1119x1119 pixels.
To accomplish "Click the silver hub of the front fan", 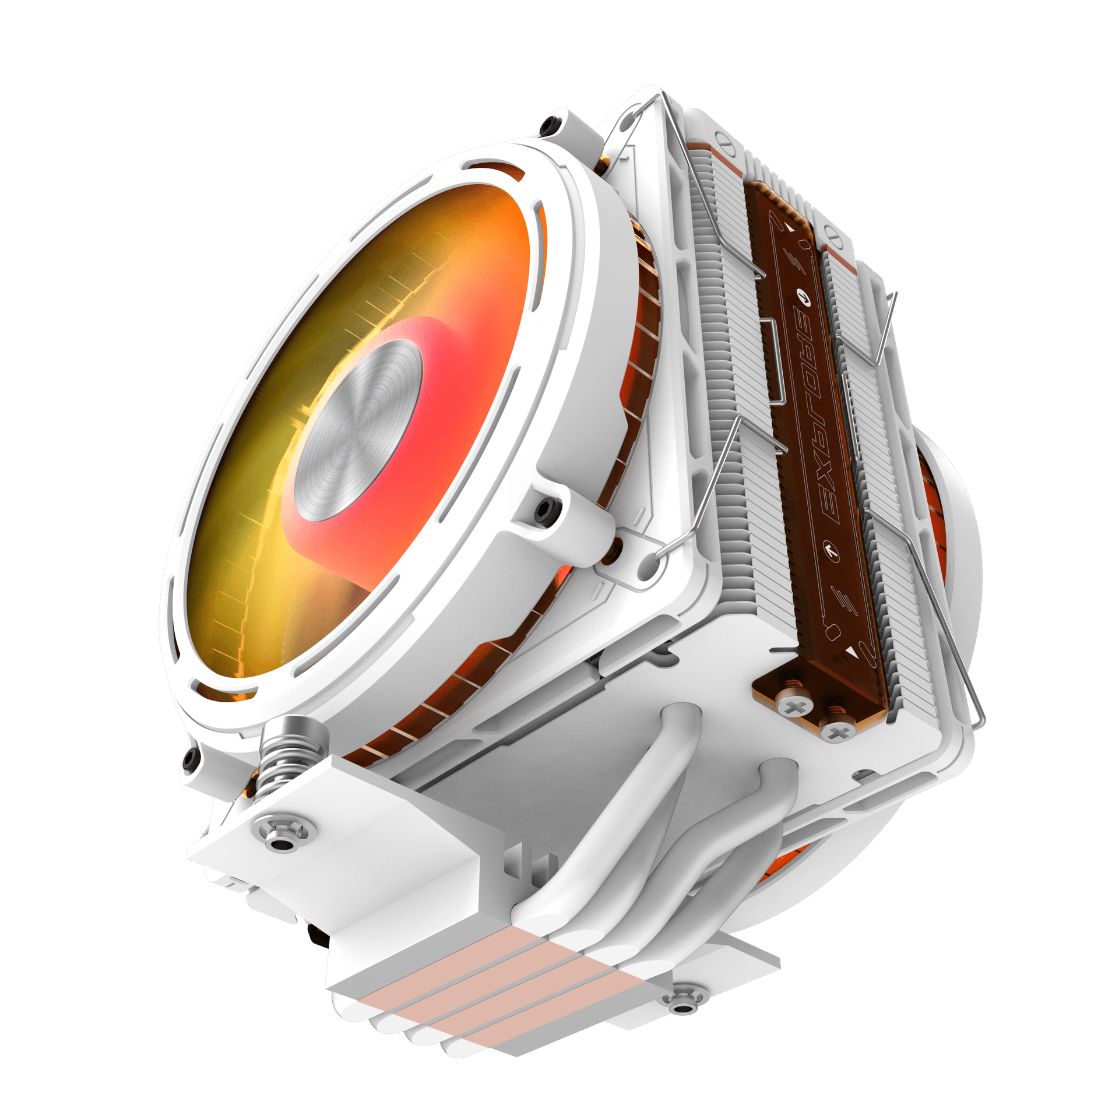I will click(358, 430).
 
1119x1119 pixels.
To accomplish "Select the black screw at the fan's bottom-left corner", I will click(190, 759).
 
